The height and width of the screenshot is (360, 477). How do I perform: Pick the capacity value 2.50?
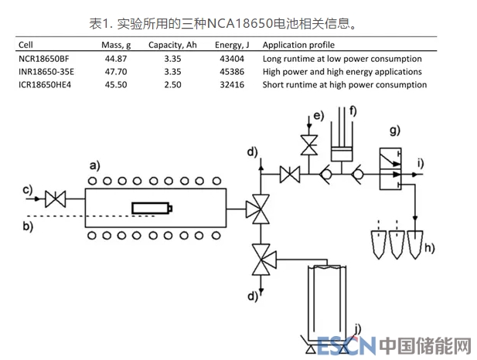click(172, 84)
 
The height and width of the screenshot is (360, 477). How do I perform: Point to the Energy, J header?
click(229, 44)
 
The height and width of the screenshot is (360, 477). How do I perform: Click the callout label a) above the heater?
click(94, 165)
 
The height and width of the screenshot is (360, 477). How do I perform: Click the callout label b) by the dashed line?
click(28, 226)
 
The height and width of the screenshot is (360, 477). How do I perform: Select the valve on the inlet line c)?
click(56, 199)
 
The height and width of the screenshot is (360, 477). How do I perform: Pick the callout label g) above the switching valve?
click(395, 128)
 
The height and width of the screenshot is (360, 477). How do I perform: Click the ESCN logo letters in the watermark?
click(346, 345)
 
